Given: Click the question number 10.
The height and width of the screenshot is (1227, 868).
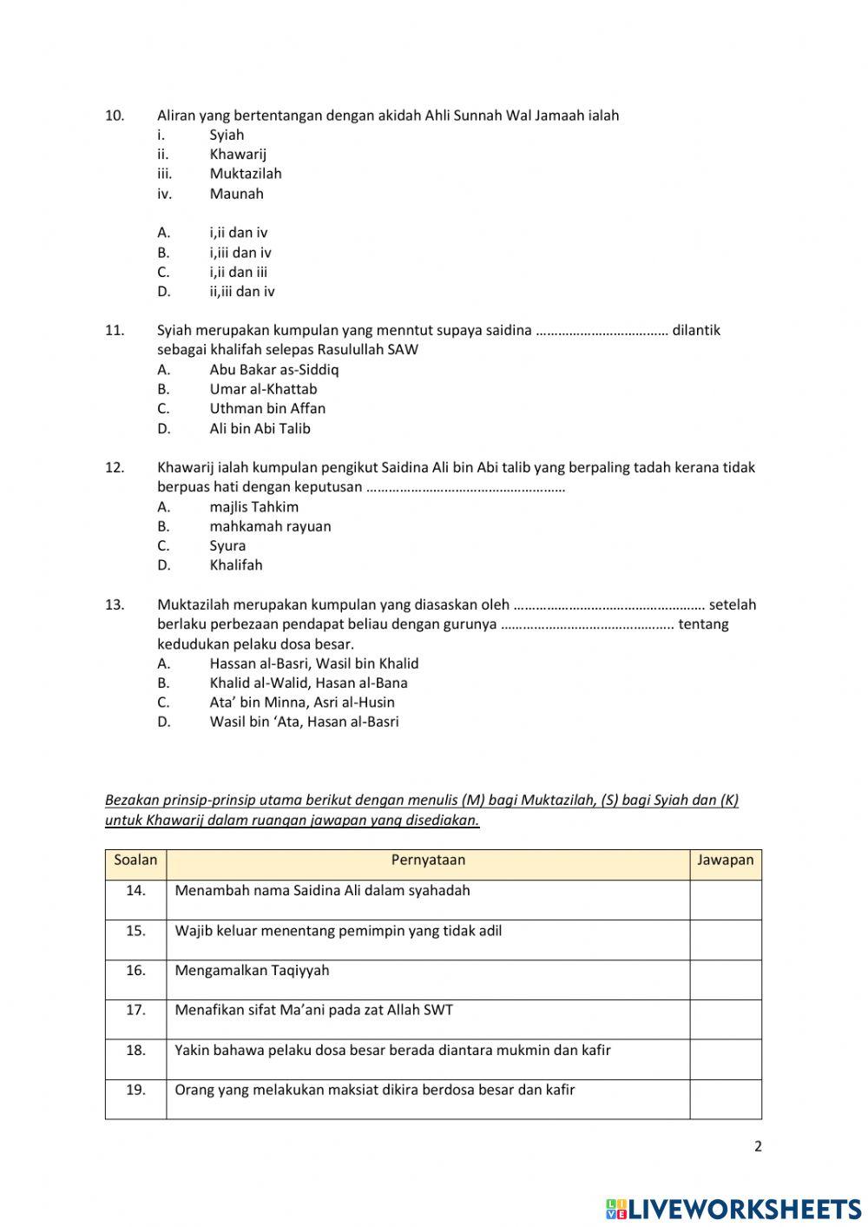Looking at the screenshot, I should (x=115, y=115).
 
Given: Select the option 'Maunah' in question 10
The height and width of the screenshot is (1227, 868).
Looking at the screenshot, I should (x=236, y=194).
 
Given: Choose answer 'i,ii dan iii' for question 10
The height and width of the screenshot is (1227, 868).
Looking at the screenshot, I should (x=238, y=272).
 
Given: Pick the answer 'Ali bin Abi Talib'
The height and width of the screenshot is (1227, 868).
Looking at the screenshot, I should (x=260, y=428).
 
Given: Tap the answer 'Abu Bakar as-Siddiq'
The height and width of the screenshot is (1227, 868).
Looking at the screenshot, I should (x=273, y=369).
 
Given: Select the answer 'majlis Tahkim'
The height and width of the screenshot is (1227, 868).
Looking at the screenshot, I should (x=253, y=506).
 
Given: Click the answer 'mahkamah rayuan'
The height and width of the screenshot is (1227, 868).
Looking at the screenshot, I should (x=270, y=526).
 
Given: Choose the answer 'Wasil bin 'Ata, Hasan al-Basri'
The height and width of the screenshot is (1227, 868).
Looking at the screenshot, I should (x=304, y=722).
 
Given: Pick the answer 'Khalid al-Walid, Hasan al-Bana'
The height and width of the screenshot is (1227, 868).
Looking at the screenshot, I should (x=308, y=683).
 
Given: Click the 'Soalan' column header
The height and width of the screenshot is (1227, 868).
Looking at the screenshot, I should (x=135, y=861).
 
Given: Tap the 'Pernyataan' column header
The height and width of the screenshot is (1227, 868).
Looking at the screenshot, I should (x=428, y=861).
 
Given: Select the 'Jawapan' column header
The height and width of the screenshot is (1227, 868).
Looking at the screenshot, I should (x=725, y=861).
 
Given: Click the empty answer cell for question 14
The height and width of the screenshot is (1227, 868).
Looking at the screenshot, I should (x=726, y=900).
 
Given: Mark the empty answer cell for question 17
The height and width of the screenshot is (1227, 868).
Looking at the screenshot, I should (x=726, y=1019).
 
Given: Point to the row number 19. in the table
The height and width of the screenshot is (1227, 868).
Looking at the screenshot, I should (x=135, y=1090).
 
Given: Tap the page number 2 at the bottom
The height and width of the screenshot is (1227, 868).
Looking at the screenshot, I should (x=758, y=1146).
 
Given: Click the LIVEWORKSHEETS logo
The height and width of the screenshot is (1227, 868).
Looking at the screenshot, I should (x=733, y=1209).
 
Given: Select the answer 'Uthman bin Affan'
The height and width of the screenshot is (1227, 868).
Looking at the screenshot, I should (x=267, y=408).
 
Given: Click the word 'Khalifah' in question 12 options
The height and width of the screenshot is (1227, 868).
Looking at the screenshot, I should (x=235, y=565).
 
